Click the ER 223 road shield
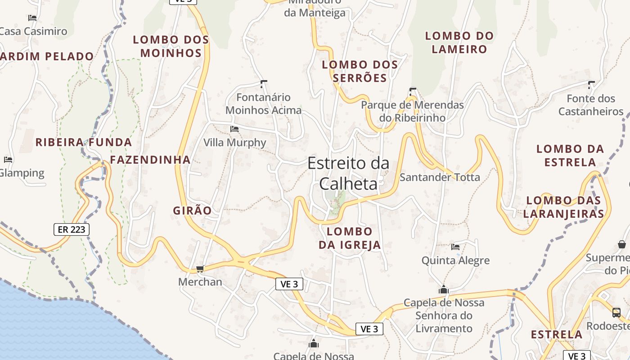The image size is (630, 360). point(72,229)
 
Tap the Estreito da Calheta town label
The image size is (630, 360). point(348,173)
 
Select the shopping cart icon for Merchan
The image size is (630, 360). point(200,269)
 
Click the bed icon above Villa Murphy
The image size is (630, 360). point(234,129)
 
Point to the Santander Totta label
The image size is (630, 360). point(440,177)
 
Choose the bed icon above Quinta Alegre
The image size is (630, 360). point(455,247)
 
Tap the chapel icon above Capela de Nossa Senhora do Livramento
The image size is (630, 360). point(444,289)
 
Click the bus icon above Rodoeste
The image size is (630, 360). point(616,312)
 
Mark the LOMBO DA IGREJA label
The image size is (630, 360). point(350,238)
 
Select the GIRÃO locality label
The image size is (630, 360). point(192,210)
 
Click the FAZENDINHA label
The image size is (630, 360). point(150,160)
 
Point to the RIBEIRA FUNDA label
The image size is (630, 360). point(84,143)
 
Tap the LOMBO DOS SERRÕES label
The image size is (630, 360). point(360,71)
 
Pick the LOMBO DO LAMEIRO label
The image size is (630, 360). point(459,42)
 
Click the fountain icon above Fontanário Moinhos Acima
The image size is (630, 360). point(264,84)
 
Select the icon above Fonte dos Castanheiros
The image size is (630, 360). point(591,84)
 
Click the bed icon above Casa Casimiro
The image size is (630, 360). point(32,18)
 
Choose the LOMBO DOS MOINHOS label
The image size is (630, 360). point(171,46)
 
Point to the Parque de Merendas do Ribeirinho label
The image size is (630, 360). point(412,111)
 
